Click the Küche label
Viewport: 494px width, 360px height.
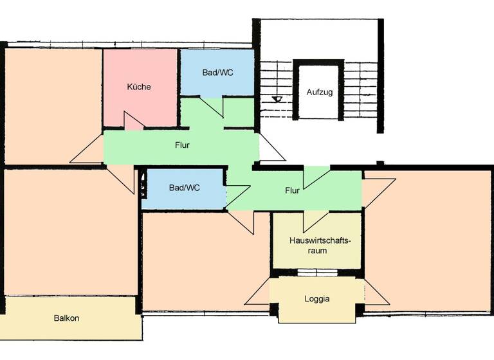pyautogui.click(x=139, y=87)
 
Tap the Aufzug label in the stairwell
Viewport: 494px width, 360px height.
pyautogui.click(x=319, y=92)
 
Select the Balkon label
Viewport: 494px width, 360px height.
pyautogui.click(x=67, y=318)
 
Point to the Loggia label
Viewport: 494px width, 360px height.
pyautogui.click(x=316, y=299)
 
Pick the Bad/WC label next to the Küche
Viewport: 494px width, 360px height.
pyautogui.click(x=217, y=73)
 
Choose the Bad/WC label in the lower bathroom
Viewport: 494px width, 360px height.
pyautogui.click(x=184, y=188)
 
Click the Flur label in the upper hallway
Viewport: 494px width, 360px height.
pyautogui.click(x=182, y=145)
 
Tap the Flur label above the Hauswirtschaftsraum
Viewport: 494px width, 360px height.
pyautogui.click(x=292, y=190)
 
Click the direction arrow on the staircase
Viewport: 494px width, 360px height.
pyautogui.click(x=277, y=99)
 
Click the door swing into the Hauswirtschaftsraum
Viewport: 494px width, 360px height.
pyautogui.click(x=316, y=220)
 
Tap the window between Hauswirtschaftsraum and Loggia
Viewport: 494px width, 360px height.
pyautogui.click(x=316, y=273)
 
